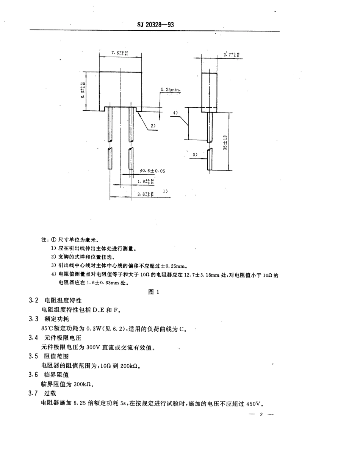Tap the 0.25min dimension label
pos(169,89)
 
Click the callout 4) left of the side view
pos(175,113)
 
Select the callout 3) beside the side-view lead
pos(195,155)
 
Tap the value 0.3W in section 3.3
pos(94,329)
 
